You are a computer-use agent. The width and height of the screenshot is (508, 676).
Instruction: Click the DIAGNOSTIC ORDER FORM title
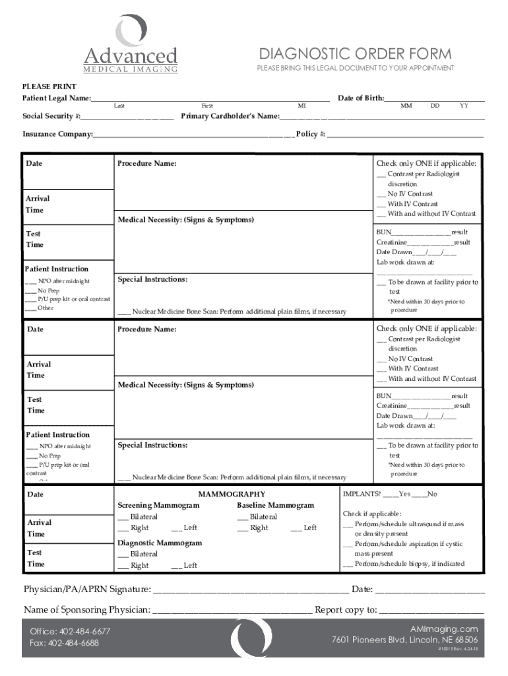pyautogui.click(x=355, y=53)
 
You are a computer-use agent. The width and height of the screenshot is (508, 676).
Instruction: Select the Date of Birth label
pyautogui.click(x=361, y=98)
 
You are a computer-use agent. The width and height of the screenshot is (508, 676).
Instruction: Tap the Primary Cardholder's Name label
pyautogui.click(x=230, y=116)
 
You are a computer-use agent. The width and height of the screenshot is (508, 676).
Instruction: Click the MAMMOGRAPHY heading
pyautogui.click(x=232, y=494)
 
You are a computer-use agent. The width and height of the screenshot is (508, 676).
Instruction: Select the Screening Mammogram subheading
pyautogui.click(x=158, y=505)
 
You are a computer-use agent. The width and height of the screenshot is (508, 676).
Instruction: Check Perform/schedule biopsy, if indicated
pyautogui.click(x=403, y=564)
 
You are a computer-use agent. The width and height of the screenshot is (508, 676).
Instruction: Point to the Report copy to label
pyautogui.click(x=346, y=609)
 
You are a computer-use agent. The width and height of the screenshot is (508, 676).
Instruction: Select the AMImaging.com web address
pyautogui.click(x=443, y=628)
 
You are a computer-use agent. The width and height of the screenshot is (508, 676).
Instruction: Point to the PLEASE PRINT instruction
pyautogui.click(x=49, y=86)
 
